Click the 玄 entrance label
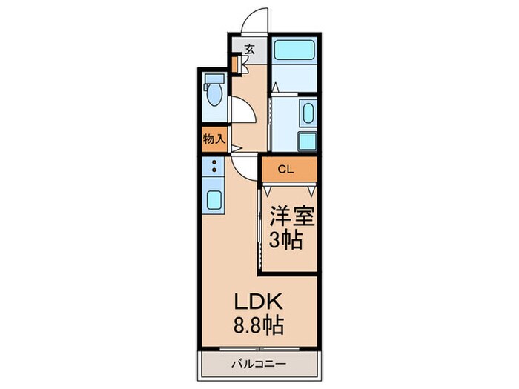250,50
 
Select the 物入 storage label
214,139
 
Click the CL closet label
285,170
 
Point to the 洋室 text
291,216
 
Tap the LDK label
258,302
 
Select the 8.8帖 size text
259,325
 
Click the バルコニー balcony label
258,365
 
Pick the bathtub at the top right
294,50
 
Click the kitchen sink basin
214,200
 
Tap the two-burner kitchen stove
214,167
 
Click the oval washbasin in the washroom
308,113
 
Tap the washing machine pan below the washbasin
308,142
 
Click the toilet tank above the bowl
214,79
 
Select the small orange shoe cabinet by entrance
235,64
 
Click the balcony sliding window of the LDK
259,349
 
